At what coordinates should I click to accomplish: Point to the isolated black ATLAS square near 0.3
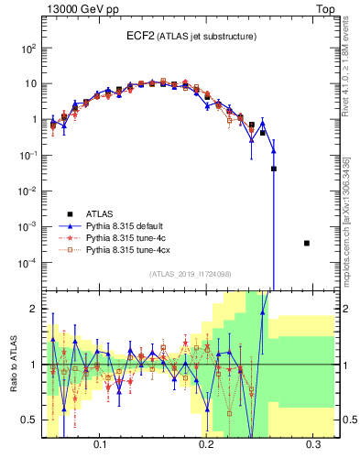pyautogui.click(x=307, y=243)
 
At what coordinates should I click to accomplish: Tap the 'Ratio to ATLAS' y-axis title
pyautogui.click(x=12, y=364)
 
